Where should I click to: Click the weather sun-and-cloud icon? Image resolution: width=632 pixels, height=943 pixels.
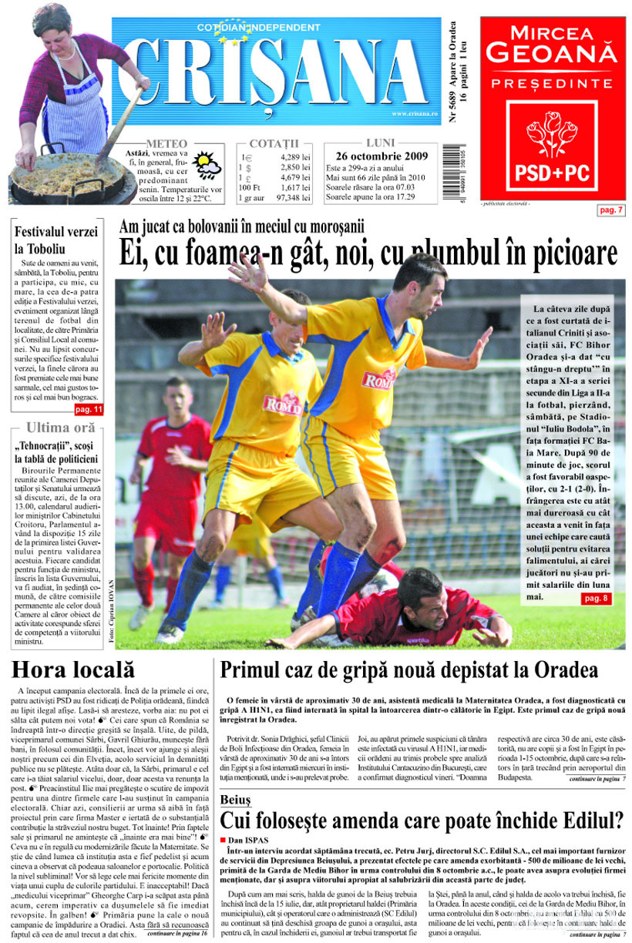207,166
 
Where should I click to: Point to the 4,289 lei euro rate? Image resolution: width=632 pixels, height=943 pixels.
294,156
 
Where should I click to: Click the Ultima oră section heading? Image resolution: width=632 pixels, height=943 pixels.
61,428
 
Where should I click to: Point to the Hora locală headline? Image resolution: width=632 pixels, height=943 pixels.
73,668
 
